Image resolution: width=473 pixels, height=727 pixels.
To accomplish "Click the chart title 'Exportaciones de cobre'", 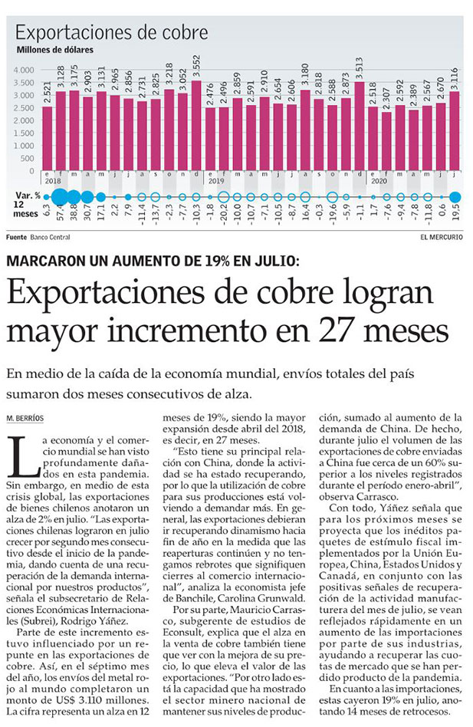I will tap(112, 32).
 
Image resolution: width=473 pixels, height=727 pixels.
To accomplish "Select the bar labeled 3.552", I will tap(196, 127).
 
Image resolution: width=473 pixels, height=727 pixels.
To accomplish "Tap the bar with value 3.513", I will tap(359, 127).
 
